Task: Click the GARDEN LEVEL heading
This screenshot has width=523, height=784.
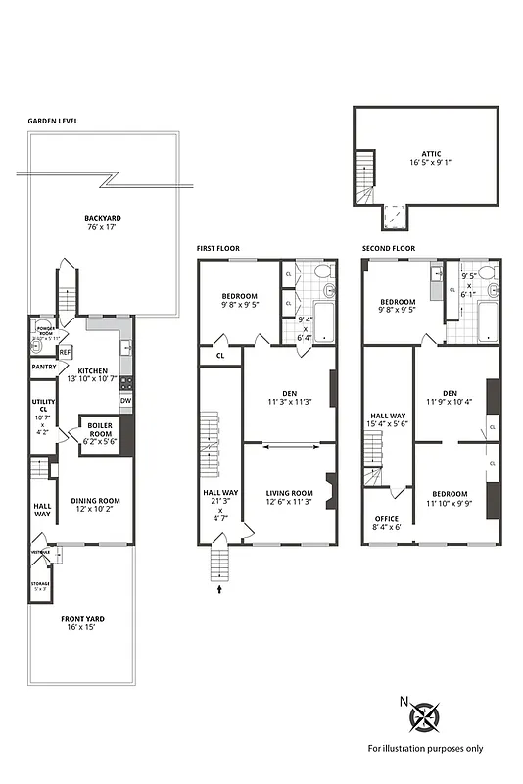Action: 54,122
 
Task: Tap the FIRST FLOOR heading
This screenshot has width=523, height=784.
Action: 216,249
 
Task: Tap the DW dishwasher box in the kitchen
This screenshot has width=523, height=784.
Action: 125,400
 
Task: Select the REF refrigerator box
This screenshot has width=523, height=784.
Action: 65,352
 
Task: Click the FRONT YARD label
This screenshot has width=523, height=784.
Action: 83,619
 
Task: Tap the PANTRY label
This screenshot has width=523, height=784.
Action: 44,367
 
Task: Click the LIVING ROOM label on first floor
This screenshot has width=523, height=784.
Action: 288,494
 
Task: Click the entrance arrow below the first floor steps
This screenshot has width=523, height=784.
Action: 219,590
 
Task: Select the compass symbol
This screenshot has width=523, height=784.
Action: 424,717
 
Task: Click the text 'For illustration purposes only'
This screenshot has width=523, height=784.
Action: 425,748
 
